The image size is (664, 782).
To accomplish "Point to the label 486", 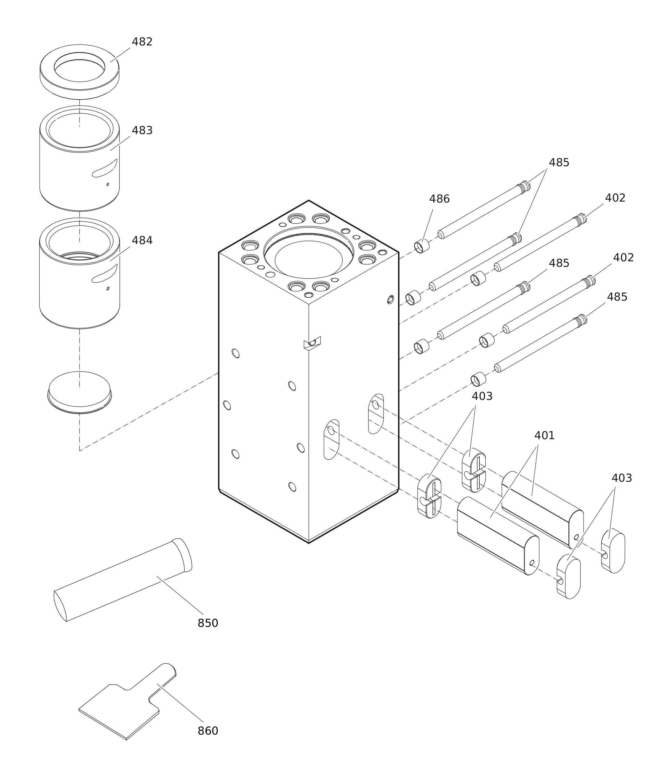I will click(x=439, y=199).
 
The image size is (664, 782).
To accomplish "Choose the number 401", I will click(x=544, y=436).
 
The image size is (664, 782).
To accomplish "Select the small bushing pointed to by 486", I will click(x=422, y=247).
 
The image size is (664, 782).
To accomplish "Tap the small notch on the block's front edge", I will click(x=312, y=343).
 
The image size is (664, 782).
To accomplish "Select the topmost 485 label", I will click(x=559, y=163).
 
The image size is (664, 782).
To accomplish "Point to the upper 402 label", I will click(x=615, y=198).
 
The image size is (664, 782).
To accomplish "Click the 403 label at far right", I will click(x=622, y=478).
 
